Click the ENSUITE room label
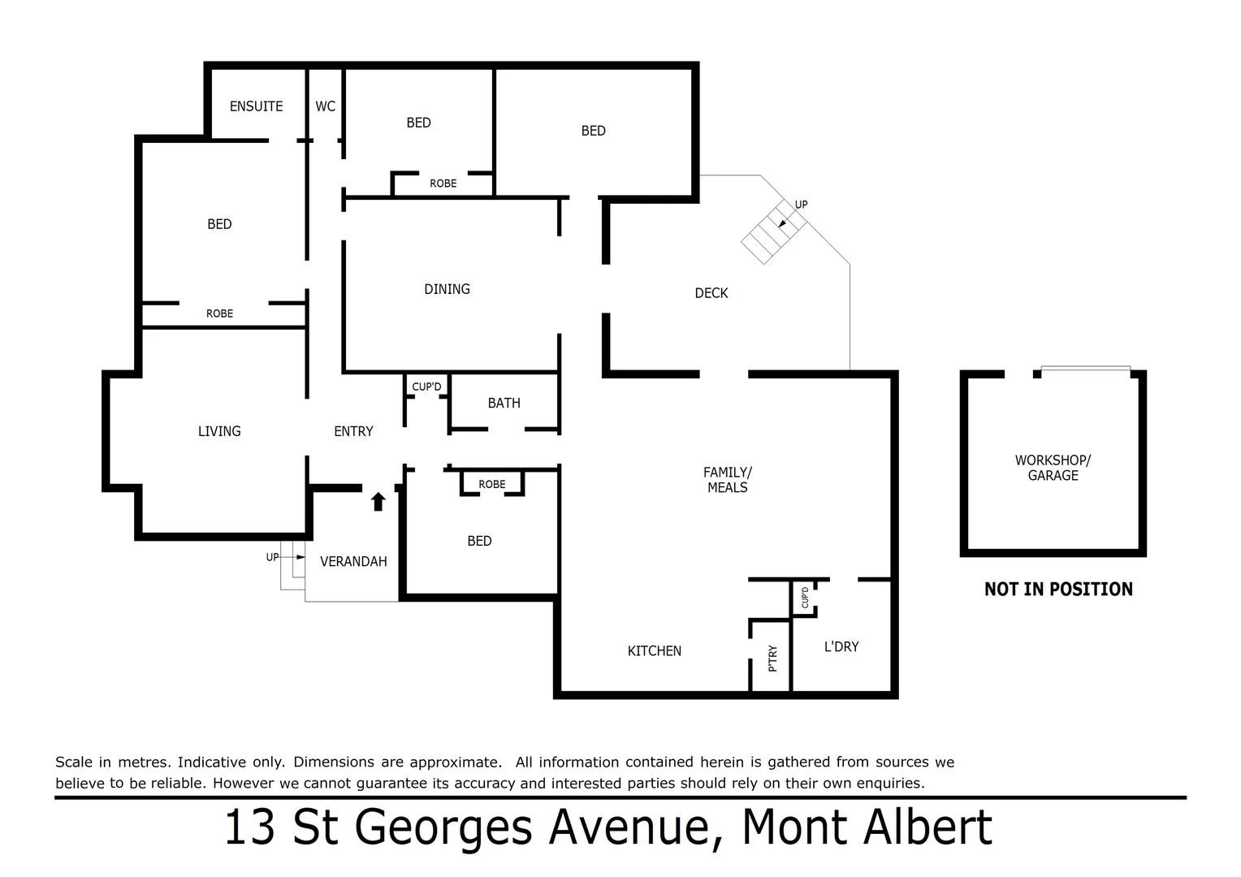256,106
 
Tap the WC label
325,106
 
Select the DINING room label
447,289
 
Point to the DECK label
711,293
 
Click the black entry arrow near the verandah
378,502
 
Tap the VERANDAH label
353,561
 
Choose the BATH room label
504,403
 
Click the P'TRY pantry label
772,658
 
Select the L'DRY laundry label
841,646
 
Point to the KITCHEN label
654,650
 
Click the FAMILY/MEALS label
728,479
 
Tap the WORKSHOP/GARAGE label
1053,468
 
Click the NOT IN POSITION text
1058,590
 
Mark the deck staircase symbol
772,231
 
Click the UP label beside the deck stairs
801,205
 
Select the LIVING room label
219,431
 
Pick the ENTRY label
353,431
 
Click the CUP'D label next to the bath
426,387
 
